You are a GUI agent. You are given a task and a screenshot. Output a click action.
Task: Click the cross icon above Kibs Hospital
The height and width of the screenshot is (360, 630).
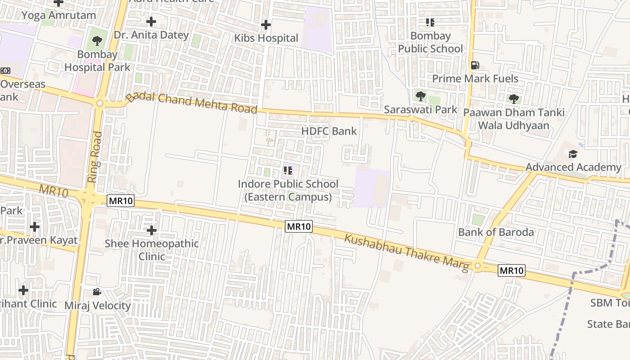266,25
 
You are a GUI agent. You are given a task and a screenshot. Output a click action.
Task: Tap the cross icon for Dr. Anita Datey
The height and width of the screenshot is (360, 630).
151,22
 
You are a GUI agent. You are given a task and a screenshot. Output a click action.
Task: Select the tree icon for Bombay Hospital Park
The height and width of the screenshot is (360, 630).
97,41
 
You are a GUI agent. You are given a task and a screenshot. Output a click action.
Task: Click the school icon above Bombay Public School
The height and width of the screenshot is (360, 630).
430,22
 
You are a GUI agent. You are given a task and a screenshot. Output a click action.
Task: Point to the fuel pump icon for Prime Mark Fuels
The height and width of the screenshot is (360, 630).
475,65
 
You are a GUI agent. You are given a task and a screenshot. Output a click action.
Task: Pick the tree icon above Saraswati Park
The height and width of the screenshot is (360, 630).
420,96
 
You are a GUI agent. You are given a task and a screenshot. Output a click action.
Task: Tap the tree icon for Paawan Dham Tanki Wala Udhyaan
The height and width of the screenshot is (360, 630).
513,99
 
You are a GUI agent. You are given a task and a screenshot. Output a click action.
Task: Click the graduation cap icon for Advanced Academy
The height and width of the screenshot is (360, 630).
572,154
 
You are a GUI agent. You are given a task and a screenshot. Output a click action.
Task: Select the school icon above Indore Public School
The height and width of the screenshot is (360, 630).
288,171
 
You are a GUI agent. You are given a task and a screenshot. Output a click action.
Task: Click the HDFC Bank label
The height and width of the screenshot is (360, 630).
329,131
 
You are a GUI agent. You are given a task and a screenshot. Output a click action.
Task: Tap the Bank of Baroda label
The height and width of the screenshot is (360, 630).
496,232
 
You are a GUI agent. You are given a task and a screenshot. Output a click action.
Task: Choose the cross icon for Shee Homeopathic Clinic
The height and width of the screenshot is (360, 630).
152,230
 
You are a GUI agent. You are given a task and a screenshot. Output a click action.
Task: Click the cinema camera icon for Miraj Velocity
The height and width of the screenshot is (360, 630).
97,292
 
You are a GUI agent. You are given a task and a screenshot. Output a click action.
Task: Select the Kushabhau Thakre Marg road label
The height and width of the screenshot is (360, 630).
407,252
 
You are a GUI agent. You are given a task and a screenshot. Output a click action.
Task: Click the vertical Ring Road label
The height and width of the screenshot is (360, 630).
93,157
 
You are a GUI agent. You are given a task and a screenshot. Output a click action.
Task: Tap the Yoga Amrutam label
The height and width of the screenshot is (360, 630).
59,15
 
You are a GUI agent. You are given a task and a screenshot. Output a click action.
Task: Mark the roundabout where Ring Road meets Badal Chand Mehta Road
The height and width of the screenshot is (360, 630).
99,103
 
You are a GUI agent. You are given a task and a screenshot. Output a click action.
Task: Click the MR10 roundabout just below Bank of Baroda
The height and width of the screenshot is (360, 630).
478,266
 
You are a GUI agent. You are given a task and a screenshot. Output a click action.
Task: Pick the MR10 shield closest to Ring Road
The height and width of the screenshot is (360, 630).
121,201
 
